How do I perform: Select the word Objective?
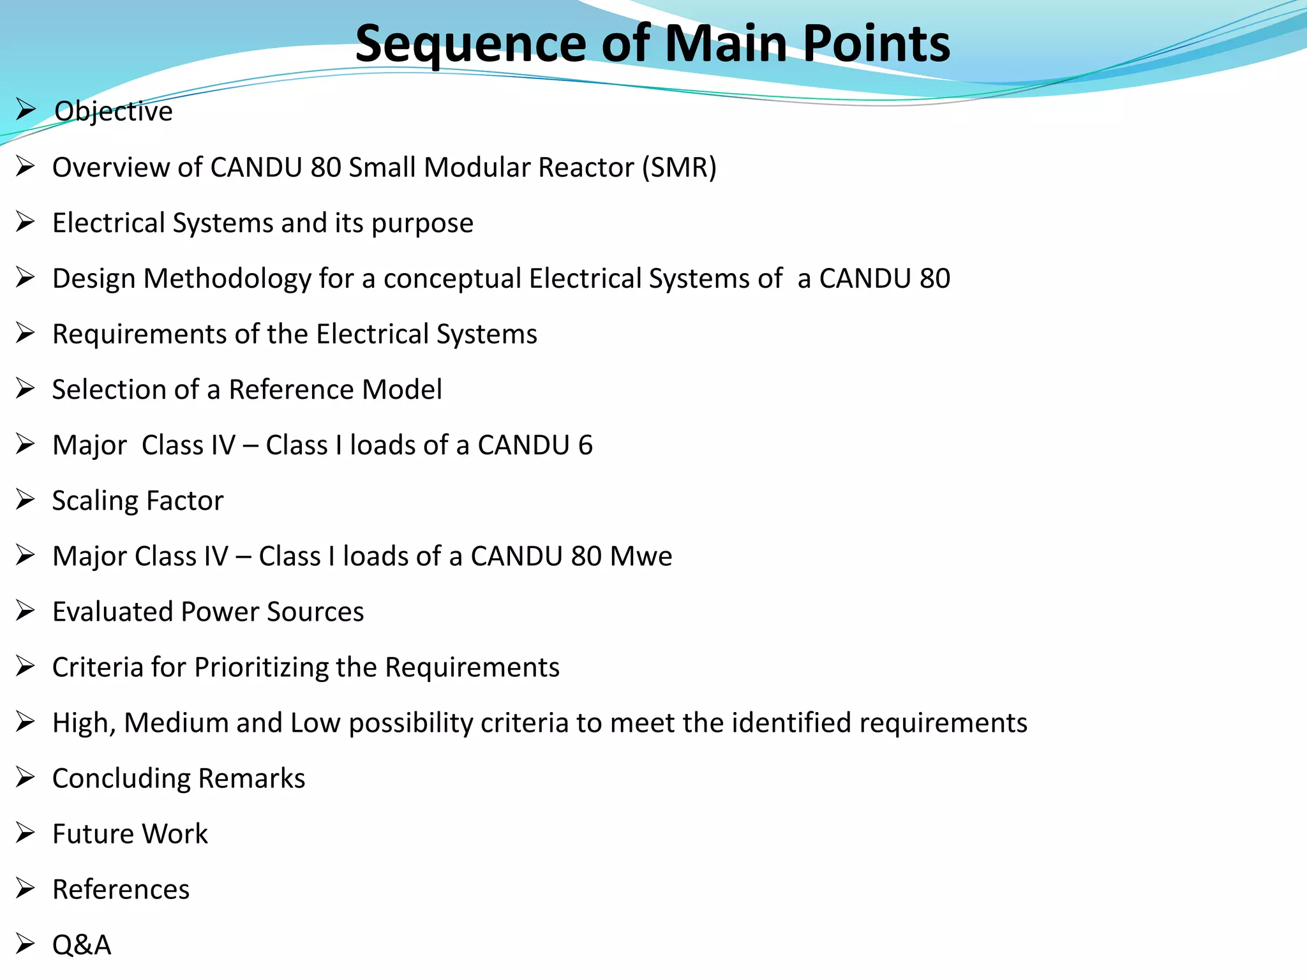[x=114, y=112]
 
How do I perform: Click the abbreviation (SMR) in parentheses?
[x=679, y=168]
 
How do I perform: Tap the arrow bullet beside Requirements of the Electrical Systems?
[x=26, y=333]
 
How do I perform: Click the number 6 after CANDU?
[x=585, y=445]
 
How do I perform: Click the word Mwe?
[x=641, y=556]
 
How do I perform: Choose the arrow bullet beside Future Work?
[x=26, y=833]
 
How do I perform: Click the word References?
[x=121, y=889]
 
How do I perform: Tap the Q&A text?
[x=82, y=945]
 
